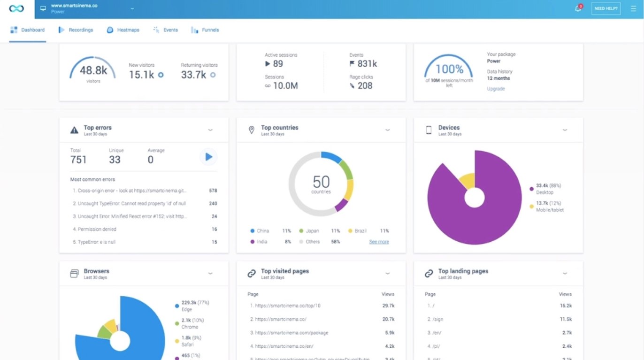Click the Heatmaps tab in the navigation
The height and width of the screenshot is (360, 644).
pos(123,30)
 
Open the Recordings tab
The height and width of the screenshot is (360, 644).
pos(76,30)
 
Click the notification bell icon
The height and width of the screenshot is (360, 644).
pos(578,8)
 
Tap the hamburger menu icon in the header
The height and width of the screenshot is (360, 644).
pos(633,8)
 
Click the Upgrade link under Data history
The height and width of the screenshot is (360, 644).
pos(496,89)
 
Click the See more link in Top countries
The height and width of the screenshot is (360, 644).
pos(379,242)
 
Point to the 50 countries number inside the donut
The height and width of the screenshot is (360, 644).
pos(321,182)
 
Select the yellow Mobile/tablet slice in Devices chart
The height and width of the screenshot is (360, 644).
pos(468,181)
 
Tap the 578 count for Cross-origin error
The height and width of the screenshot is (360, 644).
pos(213,191)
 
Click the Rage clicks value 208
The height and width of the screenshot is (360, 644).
pos(365,85)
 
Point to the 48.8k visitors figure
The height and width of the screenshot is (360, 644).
pos(93,71)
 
